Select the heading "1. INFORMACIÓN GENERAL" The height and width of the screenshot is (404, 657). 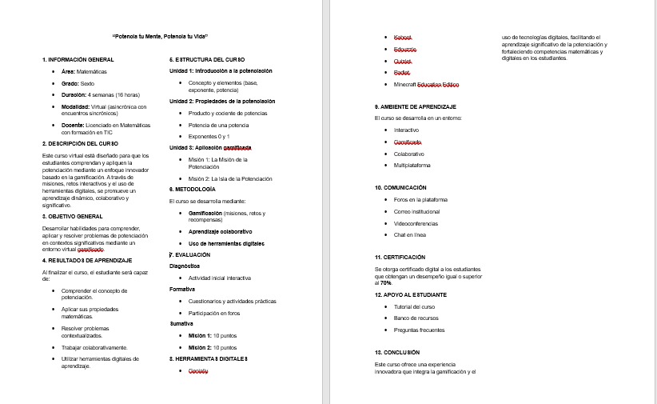click(78, 60)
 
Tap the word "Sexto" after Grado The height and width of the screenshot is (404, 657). click(88, 83)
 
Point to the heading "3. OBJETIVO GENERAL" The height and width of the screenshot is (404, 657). click(72, 217)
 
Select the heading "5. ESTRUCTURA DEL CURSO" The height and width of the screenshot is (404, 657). click(207, 60)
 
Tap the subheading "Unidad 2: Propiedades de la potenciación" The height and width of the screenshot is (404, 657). click(222, 102)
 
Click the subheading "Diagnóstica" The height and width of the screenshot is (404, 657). click(185, 266)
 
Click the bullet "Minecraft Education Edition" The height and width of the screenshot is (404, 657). click(426, 84)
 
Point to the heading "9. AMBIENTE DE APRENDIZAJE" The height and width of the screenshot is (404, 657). click(415, 107)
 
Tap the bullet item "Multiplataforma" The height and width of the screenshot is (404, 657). click(412, 165)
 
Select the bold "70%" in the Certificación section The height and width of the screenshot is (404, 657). click(385, 282)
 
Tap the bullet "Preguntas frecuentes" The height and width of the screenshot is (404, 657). click(419, 330)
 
